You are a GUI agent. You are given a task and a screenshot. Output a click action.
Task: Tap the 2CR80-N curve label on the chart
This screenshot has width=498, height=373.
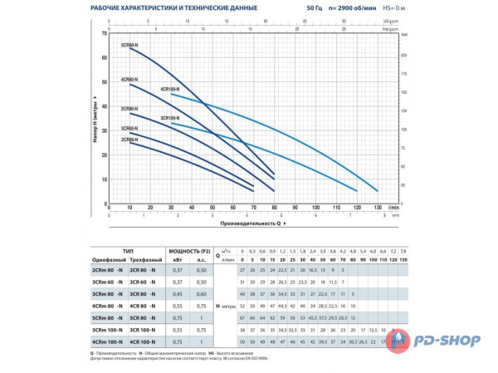129,140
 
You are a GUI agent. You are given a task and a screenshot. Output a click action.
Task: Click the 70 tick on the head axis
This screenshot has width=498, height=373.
105,33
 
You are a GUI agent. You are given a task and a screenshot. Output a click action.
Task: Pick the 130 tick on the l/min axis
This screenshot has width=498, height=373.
378,208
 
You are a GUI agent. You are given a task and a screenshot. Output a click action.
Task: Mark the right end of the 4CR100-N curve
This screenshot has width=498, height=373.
378,190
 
